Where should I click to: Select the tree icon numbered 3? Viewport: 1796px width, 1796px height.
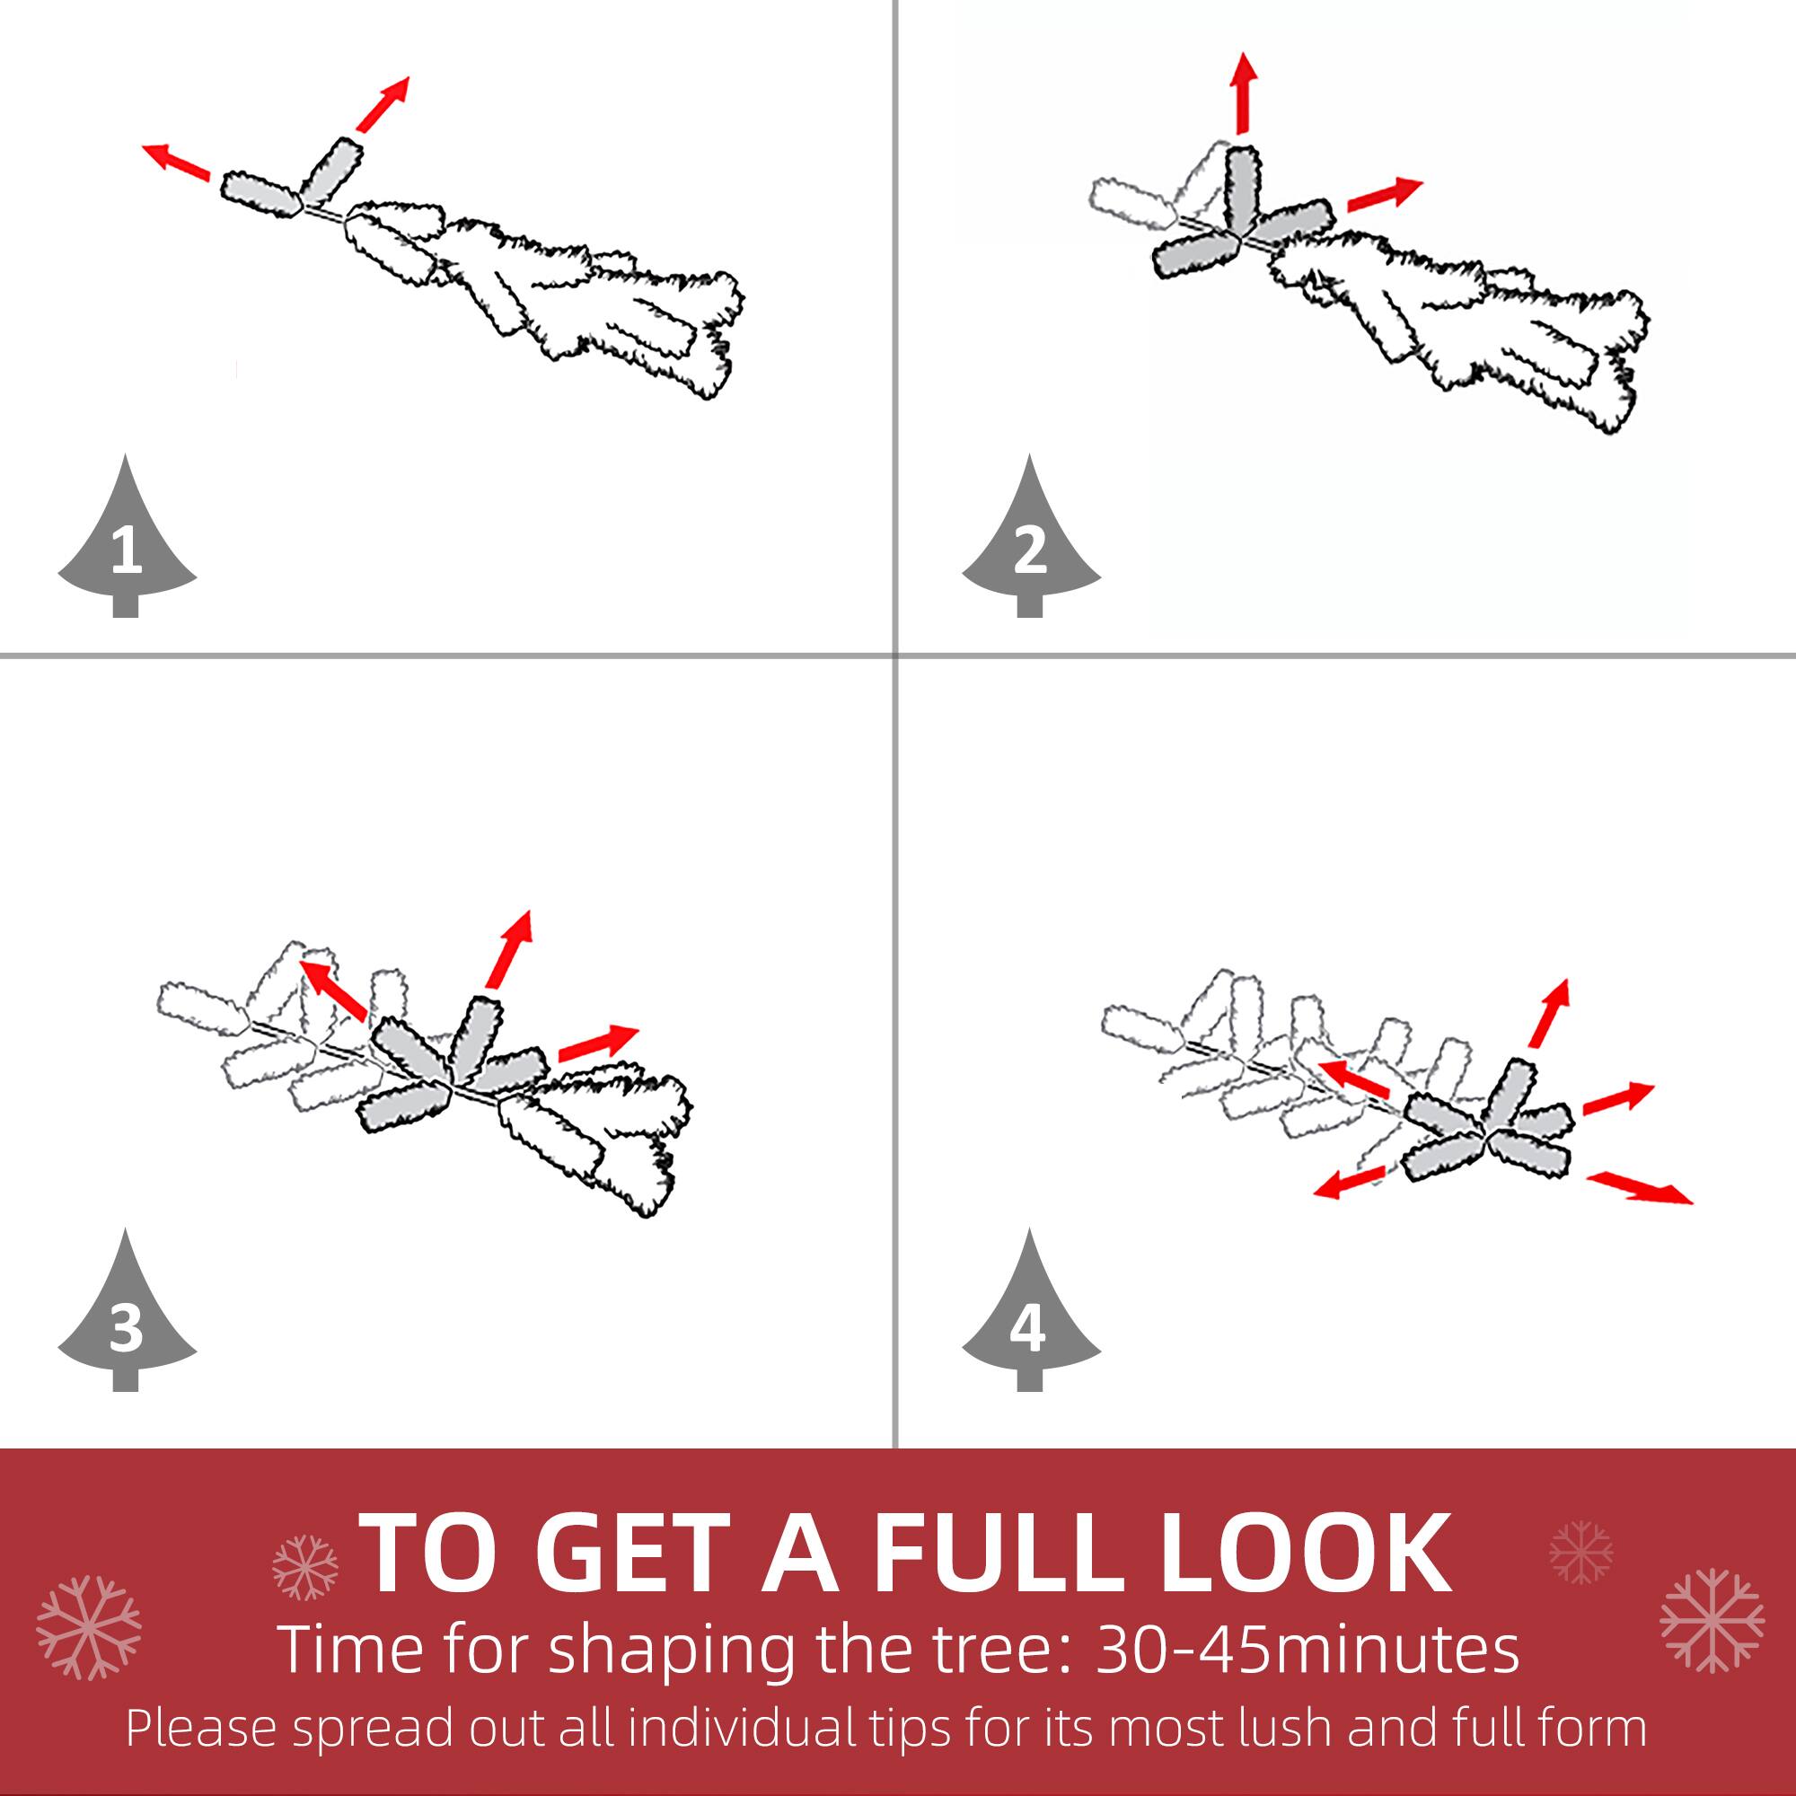coord(127,1321)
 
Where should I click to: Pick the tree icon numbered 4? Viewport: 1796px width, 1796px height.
coord(1030,1321)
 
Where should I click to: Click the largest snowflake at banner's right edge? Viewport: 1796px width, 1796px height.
coord(1712,1620)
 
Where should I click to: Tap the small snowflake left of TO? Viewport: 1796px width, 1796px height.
coord(305,1567)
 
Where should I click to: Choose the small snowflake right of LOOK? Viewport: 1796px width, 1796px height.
coord(1581,1553)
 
